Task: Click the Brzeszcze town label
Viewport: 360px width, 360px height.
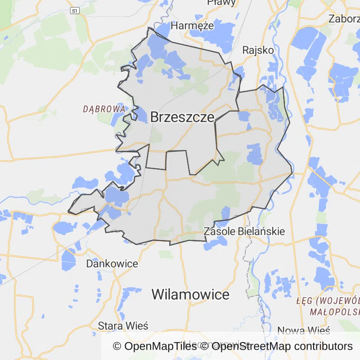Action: click(x=182, y=117)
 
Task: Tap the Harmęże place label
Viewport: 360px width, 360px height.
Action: click(x=192, y=25)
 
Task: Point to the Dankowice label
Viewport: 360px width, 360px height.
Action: click(x=112, y=263)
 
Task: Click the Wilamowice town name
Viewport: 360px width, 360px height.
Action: click(x=190, y=294)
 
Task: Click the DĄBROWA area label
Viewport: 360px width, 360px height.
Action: click(x=104, y=109)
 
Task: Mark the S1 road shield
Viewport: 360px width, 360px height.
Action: click(x=75, y=10)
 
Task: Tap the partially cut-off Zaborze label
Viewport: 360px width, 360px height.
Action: click(x=345, y=19)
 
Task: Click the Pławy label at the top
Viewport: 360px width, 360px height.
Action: click(x=221, y=3)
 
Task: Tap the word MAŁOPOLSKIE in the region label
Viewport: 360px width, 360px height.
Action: click(x=335, y=311)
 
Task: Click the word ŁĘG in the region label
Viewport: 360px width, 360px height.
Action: click(x=305, y=300)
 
